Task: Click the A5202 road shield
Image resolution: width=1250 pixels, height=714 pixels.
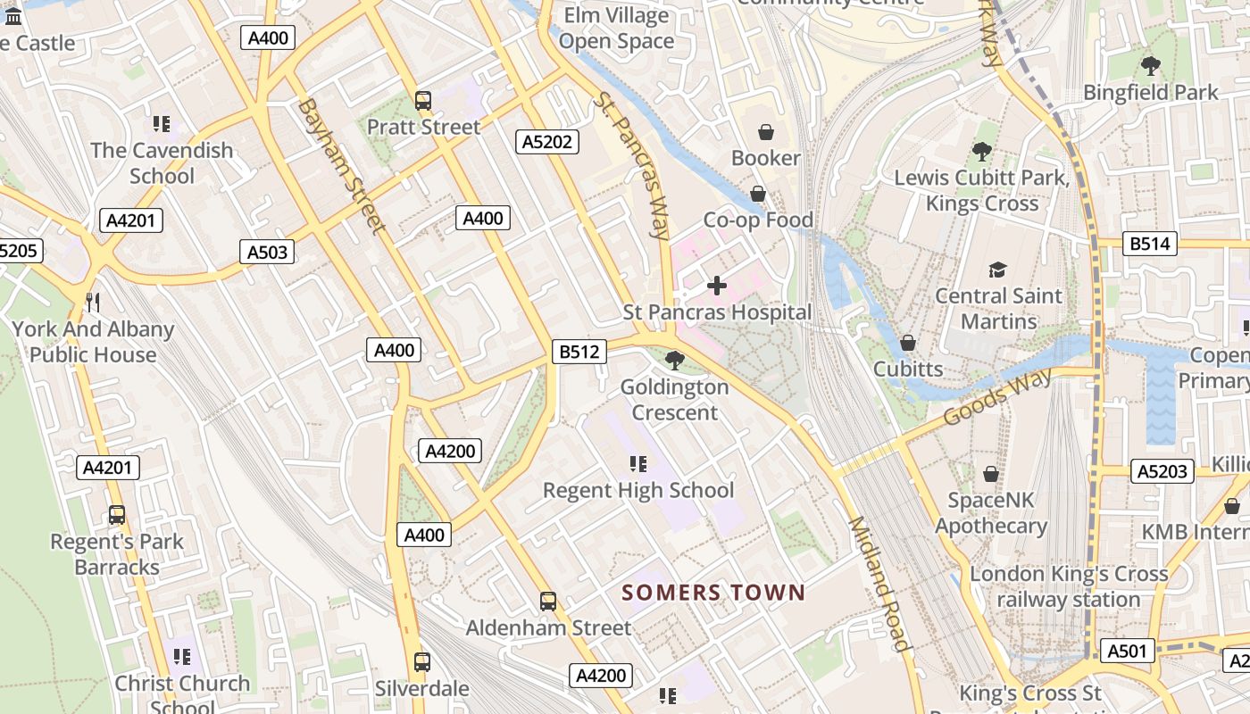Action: click(x=547, y=141)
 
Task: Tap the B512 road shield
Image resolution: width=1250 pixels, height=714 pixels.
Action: click(x=579, y=352)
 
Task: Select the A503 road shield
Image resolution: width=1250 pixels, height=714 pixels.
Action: click(x=267, y=252)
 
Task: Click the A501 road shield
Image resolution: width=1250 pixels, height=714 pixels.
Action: click(x=1126, y=651)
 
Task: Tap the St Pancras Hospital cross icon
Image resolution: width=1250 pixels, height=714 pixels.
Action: click(x=716, y=286)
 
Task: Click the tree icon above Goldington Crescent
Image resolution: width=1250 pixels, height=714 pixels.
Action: click(x=675, y=361)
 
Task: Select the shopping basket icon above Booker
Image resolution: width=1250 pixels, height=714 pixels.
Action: click(x=765, y=132)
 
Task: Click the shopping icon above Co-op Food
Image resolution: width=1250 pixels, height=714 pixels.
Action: click(x=757, y=194)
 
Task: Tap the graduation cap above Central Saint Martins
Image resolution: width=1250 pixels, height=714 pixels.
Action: click(x=997, y=270)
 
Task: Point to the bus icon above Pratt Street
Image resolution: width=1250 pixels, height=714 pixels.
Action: click(x=423, y=101)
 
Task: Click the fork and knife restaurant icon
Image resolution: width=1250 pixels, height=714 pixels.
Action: click(x=93, y=303)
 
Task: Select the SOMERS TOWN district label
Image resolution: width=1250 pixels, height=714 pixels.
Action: click(x=713, y=593)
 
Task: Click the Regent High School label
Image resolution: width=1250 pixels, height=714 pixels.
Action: click(x=638, y=490)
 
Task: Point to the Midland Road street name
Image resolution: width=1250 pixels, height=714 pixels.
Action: click(x=879, y=584)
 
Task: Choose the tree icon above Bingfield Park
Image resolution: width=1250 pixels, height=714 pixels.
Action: click(x=1150, y=65)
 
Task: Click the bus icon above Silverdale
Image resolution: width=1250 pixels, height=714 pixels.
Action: click(x=421, y=662)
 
